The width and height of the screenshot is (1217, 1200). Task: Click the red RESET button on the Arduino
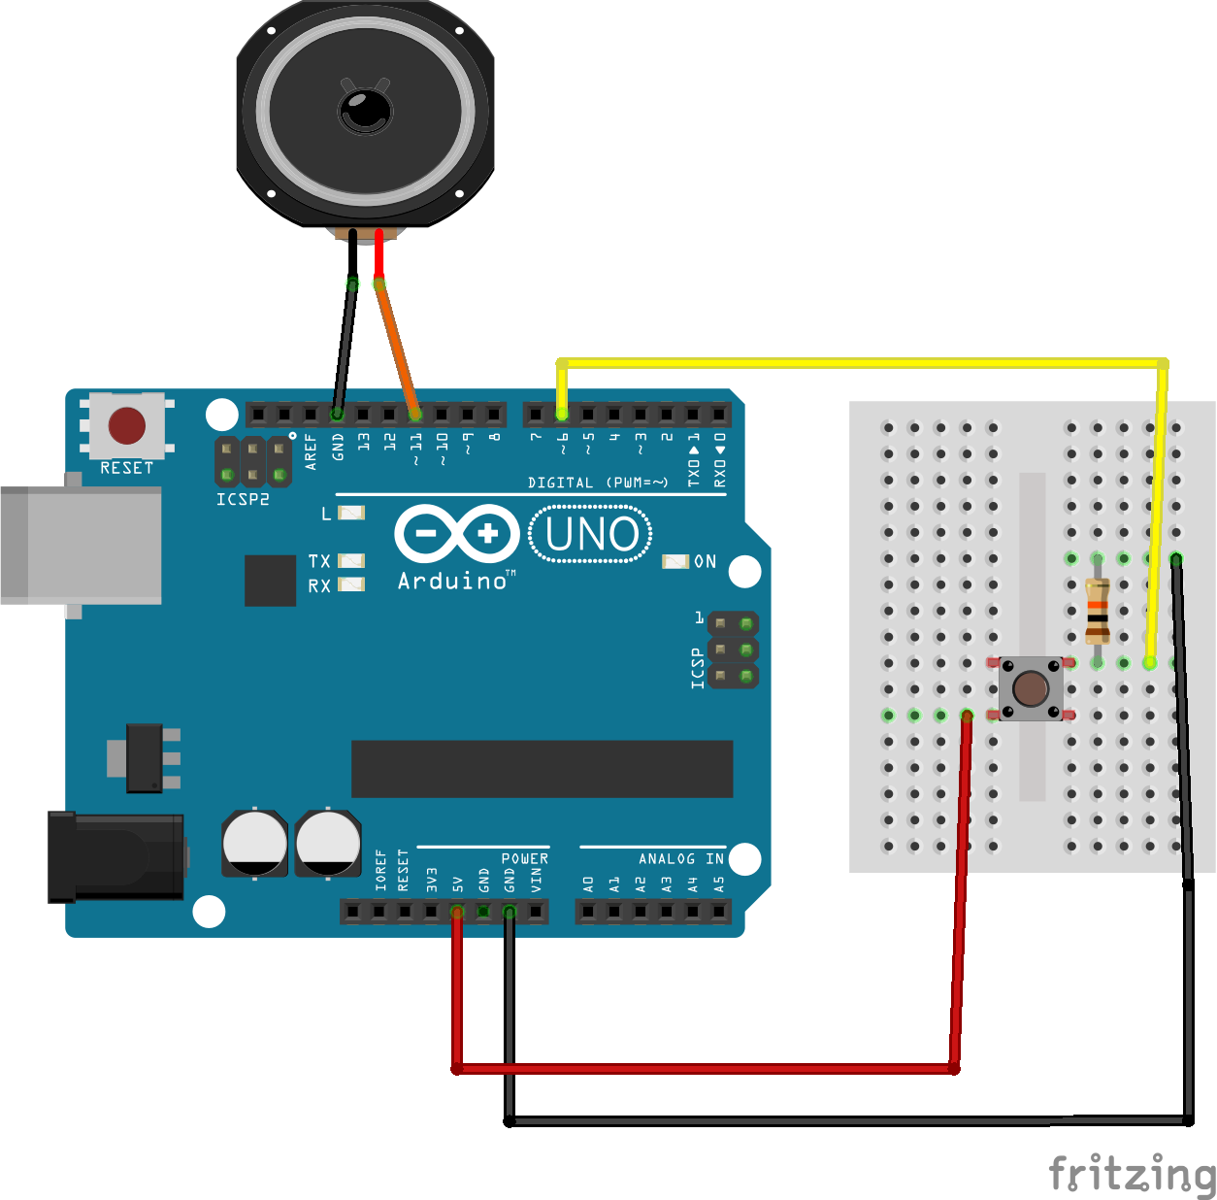(x=127, y=424)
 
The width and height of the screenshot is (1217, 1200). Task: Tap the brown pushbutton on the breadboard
(x=1030, y=688)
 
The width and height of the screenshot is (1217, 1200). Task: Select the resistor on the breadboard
(x=1097, y=611)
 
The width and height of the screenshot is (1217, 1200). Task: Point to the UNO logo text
(x=591, y=534)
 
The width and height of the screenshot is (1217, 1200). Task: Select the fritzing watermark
(x=1132, y=1172)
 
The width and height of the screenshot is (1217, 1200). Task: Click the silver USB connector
(x=81, y=546)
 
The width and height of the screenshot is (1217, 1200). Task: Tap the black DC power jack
(x=116, y=856)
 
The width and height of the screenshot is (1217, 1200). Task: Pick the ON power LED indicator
(x=675, y=561)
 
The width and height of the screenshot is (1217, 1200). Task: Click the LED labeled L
(x=351, y=513)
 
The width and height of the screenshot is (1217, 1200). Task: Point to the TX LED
(x=351, y=560)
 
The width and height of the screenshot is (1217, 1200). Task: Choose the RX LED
(x=351, y=583)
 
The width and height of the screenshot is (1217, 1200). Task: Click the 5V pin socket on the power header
(x=456, y=912)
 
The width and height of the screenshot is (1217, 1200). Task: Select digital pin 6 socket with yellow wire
(x=562, y=415)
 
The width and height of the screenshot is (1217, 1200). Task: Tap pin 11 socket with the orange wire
(x=414, y=415)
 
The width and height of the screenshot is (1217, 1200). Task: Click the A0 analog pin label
(x=588, y=884)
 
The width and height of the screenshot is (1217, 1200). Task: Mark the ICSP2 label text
(x=244, y=499)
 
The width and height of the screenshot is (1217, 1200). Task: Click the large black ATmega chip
(x=542, y=769)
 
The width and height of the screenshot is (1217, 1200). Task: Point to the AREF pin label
(x=311, y=451)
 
